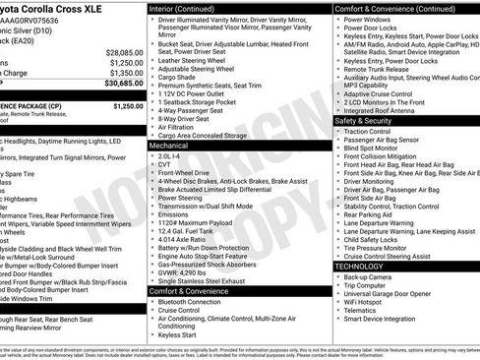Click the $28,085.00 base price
[125, 51]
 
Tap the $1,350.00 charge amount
[125, 73]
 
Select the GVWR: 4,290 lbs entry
[186, 270]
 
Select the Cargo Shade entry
[180, 77]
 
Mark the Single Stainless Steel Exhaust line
[203, 279]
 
